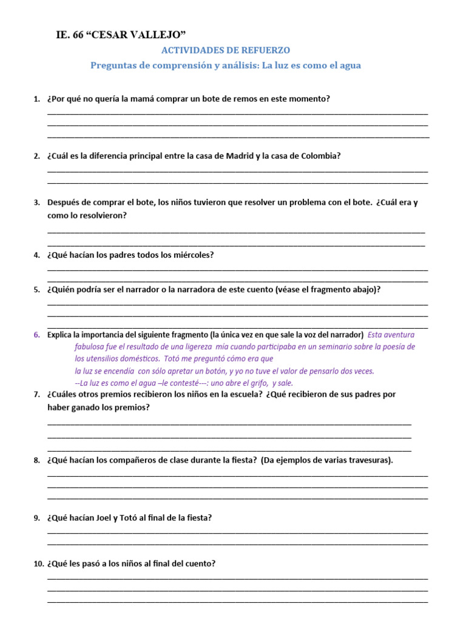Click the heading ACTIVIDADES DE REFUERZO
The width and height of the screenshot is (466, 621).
tap(225, 50)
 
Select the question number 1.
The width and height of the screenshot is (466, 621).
tap(36, 99)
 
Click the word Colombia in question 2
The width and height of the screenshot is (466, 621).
tap(316, 156)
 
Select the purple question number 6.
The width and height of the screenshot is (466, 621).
tap(36, 335)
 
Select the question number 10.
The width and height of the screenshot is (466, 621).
tap(38, 564)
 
